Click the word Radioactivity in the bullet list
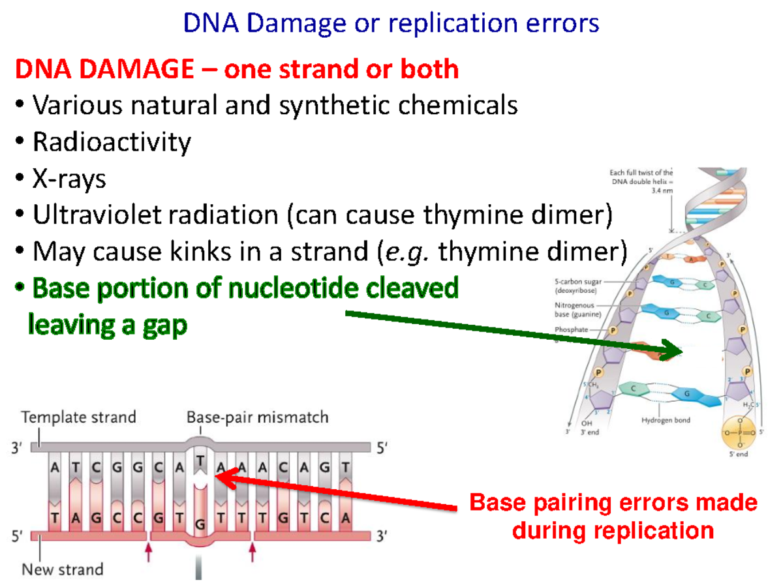click(112, 142)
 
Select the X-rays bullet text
click(69, 178)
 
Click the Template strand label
click(79, 417)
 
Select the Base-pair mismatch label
click(257, 417)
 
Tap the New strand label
click(63, 569)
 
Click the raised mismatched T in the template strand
click(200, 461)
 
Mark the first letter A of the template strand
click(57, 466)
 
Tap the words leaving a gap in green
click(108, 324)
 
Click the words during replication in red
click(613, 530)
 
